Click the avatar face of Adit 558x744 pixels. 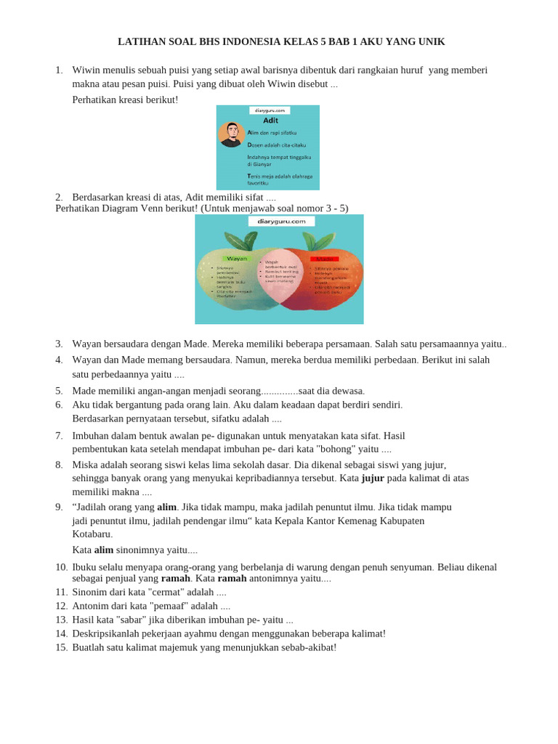click(x=232, y=133)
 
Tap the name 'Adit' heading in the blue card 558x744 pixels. click(x=270, y=121)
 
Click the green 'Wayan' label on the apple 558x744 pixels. click(x=237, y=259)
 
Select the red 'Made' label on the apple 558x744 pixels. click(x=324, y=259)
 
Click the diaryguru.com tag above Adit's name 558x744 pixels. click(x=269, y=110)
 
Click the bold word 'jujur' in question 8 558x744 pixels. click(x=373, y=478)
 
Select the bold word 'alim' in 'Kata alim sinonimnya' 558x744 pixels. click(x=104, y=550)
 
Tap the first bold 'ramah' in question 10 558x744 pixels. click(x=175, y=578)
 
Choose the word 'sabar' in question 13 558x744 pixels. click(x=142, y=620)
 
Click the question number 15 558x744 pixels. click(x=61, y=647)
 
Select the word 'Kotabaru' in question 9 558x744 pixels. click(x=92, y=534)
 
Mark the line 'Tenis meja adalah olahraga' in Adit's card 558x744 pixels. click(x=280, y=176)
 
